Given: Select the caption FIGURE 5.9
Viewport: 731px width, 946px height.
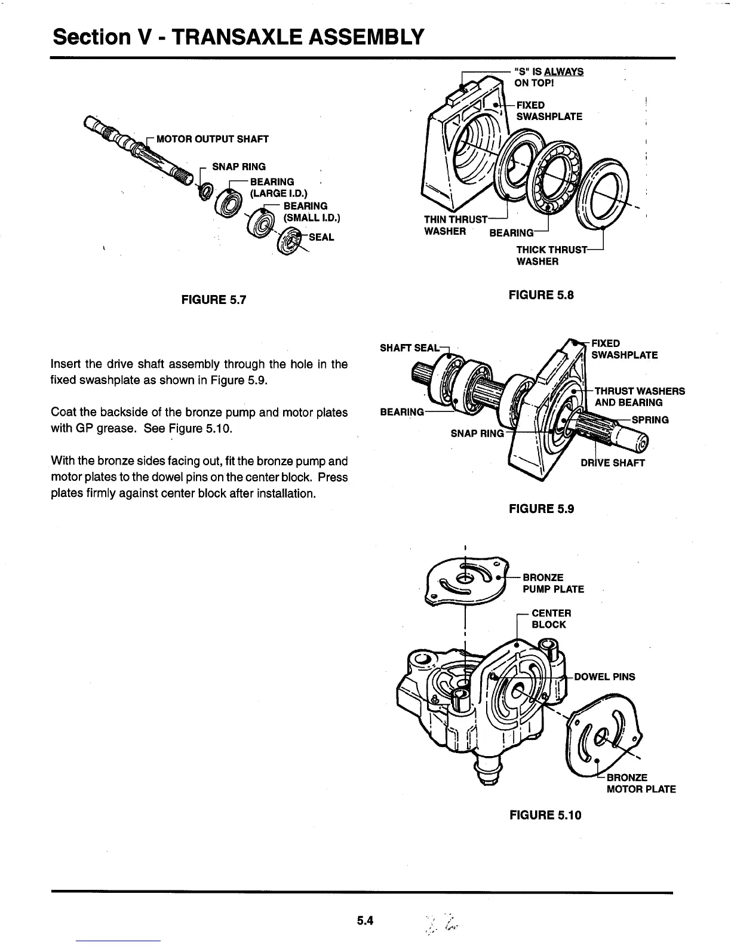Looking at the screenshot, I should [541, 509].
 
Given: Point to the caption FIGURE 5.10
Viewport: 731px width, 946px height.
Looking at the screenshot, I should [545, 815].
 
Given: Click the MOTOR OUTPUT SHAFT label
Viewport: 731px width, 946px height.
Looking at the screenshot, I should [212, 139].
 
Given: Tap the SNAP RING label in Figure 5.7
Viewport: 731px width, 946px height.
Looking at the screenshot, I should [239, 167].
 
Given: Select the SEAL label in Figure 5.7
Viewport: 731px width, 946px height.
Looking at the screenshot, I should [321, 237].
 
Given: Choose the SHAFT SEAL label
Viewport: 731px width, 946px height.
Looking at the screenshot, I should [409, 348].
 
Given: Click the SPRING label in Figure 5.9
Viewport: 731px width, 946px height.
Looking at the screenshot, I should [650, 419].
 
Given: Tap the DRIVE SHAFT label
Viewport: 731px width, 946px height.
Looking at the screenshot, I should [613, 463].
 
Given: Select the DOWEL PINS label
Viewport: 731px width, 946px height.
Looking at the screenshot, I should [604, 677].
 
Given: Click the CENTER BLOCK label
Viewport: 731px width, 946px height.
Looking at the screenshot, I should [551, 619].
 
